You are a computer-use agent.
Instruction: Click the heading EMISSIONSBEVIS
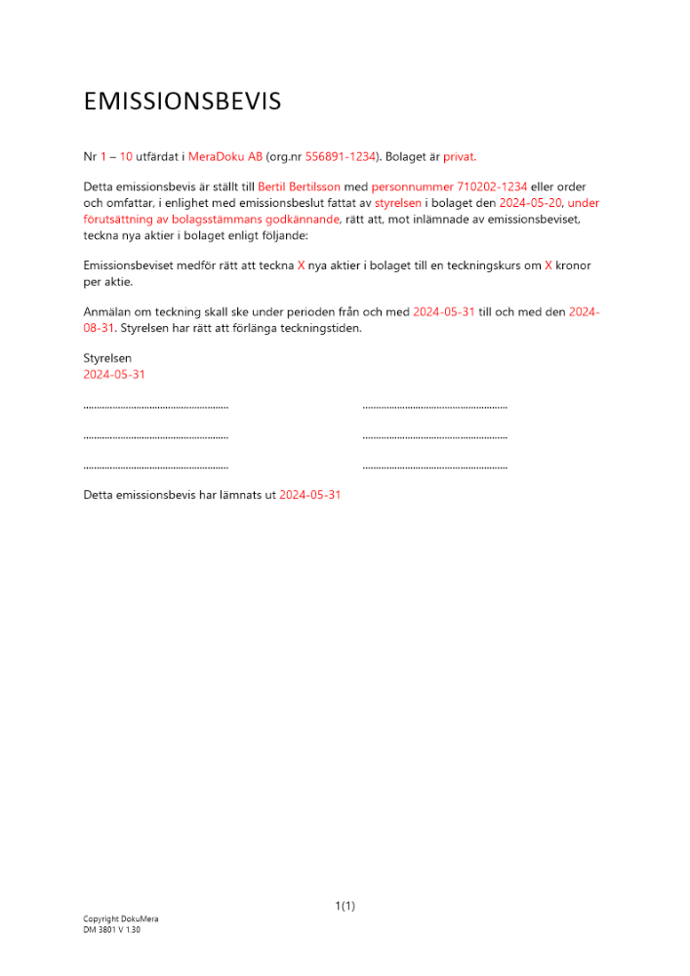pos(183,102)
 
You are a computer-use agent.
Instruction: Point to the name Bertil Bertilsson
pos(300,186)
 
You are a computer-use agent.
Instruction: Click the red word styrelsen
pos(398,203)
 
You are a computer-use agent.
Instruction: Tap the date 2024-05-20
pos(530,203)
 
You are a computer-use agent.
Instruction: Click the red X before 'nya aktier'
pos(302,265)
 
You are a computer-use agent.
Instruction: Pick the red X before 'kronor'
pos(548,265)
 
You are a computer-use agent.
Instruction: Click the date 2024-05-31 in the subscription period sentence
pos(444,311)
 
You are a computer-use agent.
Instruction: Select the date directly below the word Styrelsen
pos(114,375)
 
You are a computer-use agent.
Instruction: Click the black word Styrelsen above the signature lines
pos(107,358)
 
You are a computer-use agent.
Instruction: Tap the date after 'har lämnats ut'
pos(310,495)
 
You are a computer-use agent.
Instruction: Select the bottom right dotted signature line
pos(434,468)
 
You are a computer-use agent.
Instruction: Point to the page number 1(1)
pos(345,907)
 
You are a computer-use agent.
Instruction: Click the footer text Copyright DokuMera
pos(120,919)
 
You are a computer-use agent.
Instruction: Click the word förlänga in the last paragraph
pos(258,328)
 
